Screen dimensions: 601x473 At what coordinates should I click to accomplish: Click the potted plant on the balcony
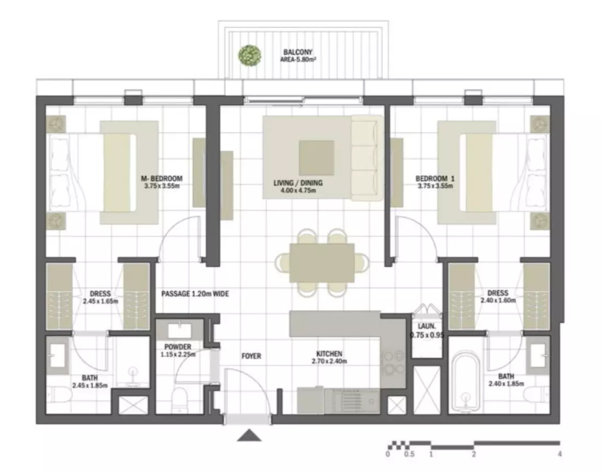point(250,55)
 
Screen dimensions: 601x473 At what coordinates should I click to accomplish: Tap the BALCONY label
point(298,52)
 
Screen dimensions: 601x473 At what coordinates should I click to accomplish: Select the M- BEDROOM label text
point(162,178)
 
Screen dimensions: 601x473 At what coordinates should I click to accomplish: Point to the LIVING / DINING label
point(298,183)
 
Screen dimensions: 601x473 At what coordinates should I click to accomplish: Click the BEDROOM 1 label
point(435,178)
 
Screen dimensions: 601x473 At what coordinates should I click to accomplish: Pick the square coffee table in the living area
point(316,157)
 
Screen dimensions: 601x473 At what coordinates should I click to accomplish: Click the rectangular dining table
point(322,263)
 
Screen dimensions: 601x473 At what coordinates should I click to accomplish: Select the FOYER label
point(252,356)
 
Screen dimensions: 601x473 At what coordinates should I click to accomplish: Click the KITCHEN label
point(329,354)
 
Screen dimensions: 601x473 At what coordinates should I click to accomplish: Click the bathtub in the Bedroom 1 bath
point(466,383)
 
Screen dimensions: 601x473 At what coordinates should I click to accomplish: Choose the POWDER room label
point(178,347)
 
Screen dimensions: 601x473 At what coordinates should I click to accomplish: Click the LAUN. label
point(427,326)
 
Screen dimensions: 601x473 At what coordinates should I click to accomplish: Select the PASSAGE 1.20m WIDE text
point(195,294)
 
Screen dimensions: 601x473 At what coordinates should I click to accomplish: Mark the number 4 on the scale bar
point(560,454)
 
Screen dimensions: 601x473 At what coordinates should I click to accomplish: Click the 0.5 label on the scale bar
point(410,454)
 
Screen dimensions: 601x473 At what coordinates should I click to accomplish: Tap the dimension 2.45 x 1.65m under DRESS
point(100,301)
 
